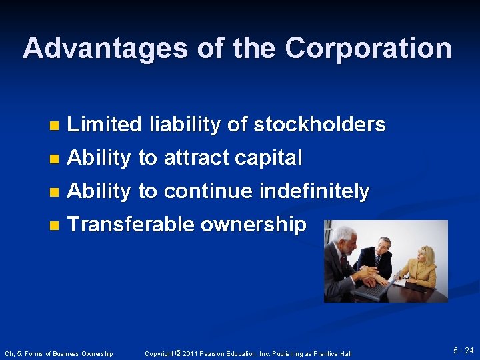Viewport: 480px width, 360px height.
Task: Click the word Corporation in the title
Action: coord(368,49)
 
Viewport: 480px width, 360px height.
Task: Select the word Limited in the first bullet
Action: coord(105,125)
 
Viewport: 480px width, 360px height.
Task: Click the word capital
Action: coord(271,158)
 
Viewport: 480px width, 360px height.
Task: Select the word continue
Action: coord(209,191)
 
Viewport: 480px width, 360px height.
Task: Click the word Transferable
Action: coord(131,225)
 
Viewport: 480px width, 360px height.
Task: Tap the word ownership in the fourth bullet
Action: coord(253,225)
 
